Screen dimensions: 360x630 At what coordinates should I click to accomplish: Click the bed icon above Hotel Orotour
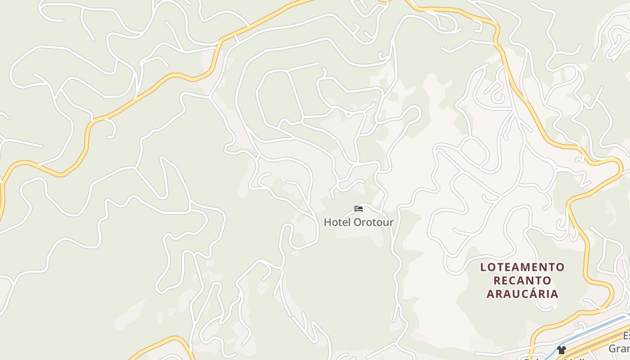click(359, 209)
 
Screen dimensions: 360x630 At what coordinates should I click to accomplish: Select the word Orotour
click(373, 222)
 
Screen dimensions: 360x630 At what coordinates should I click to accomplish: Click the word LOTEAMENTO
click(522, 267)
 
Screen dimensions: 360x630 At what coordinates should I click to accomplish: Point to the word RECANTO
click(522, 281)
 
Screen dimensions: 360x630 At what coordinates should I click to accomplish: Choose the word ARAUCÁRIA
click(522, 294)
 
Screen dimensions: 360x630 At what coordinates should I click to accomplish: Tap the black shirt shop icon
click(561, 350)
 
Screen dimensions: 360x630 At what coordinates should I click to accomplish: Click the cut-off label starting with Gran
click(620, 349)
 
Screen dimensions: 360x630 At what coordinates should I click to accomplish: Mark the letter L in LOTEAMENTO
click(483, 267)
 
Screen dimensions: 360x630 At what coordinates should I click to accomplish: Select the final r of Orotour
click(391, 222)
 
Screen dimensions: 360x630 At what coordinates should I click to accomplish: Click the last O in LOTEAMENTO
click(560, 267)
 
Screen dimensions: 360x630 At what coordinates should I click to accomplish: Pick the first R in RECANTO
click(497, 281)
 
